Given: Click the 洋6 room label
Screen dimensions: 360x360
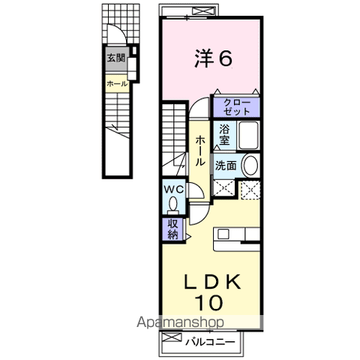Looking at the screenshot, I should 211,58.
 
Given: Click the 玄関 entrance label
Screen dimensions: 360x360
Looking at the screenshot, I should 115,58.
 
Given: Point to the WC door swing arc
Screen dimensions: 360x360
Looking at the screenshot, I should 193,191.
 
